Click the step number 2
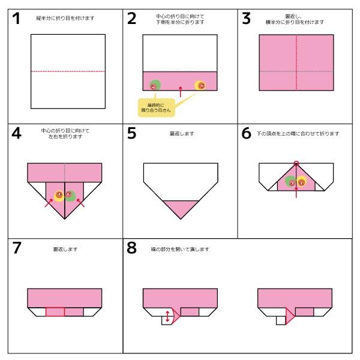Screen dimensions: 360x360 (x=132, y=19)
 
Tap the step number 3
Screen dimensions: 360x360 (x=246, y=19)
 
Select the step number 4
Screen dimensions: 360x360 (x=17, y=133)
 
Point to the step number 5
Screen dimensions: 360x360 (x=132, y=133)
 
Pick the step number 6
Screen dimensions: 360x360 (x=247, y=133)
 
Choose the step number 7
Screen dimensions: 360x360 (x=17, y=248)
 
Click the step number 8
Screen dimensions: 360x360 (x=132, y=248)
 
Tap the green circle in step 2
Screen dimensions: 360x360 (x=155, y=85)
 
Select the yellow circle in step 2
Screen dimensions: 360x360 (x=200, y=85)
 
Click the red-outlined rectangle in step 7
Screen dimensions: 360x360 (x=55, y=311)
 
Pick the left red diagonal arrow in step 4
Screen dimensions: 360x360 (x=48, y=203)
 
